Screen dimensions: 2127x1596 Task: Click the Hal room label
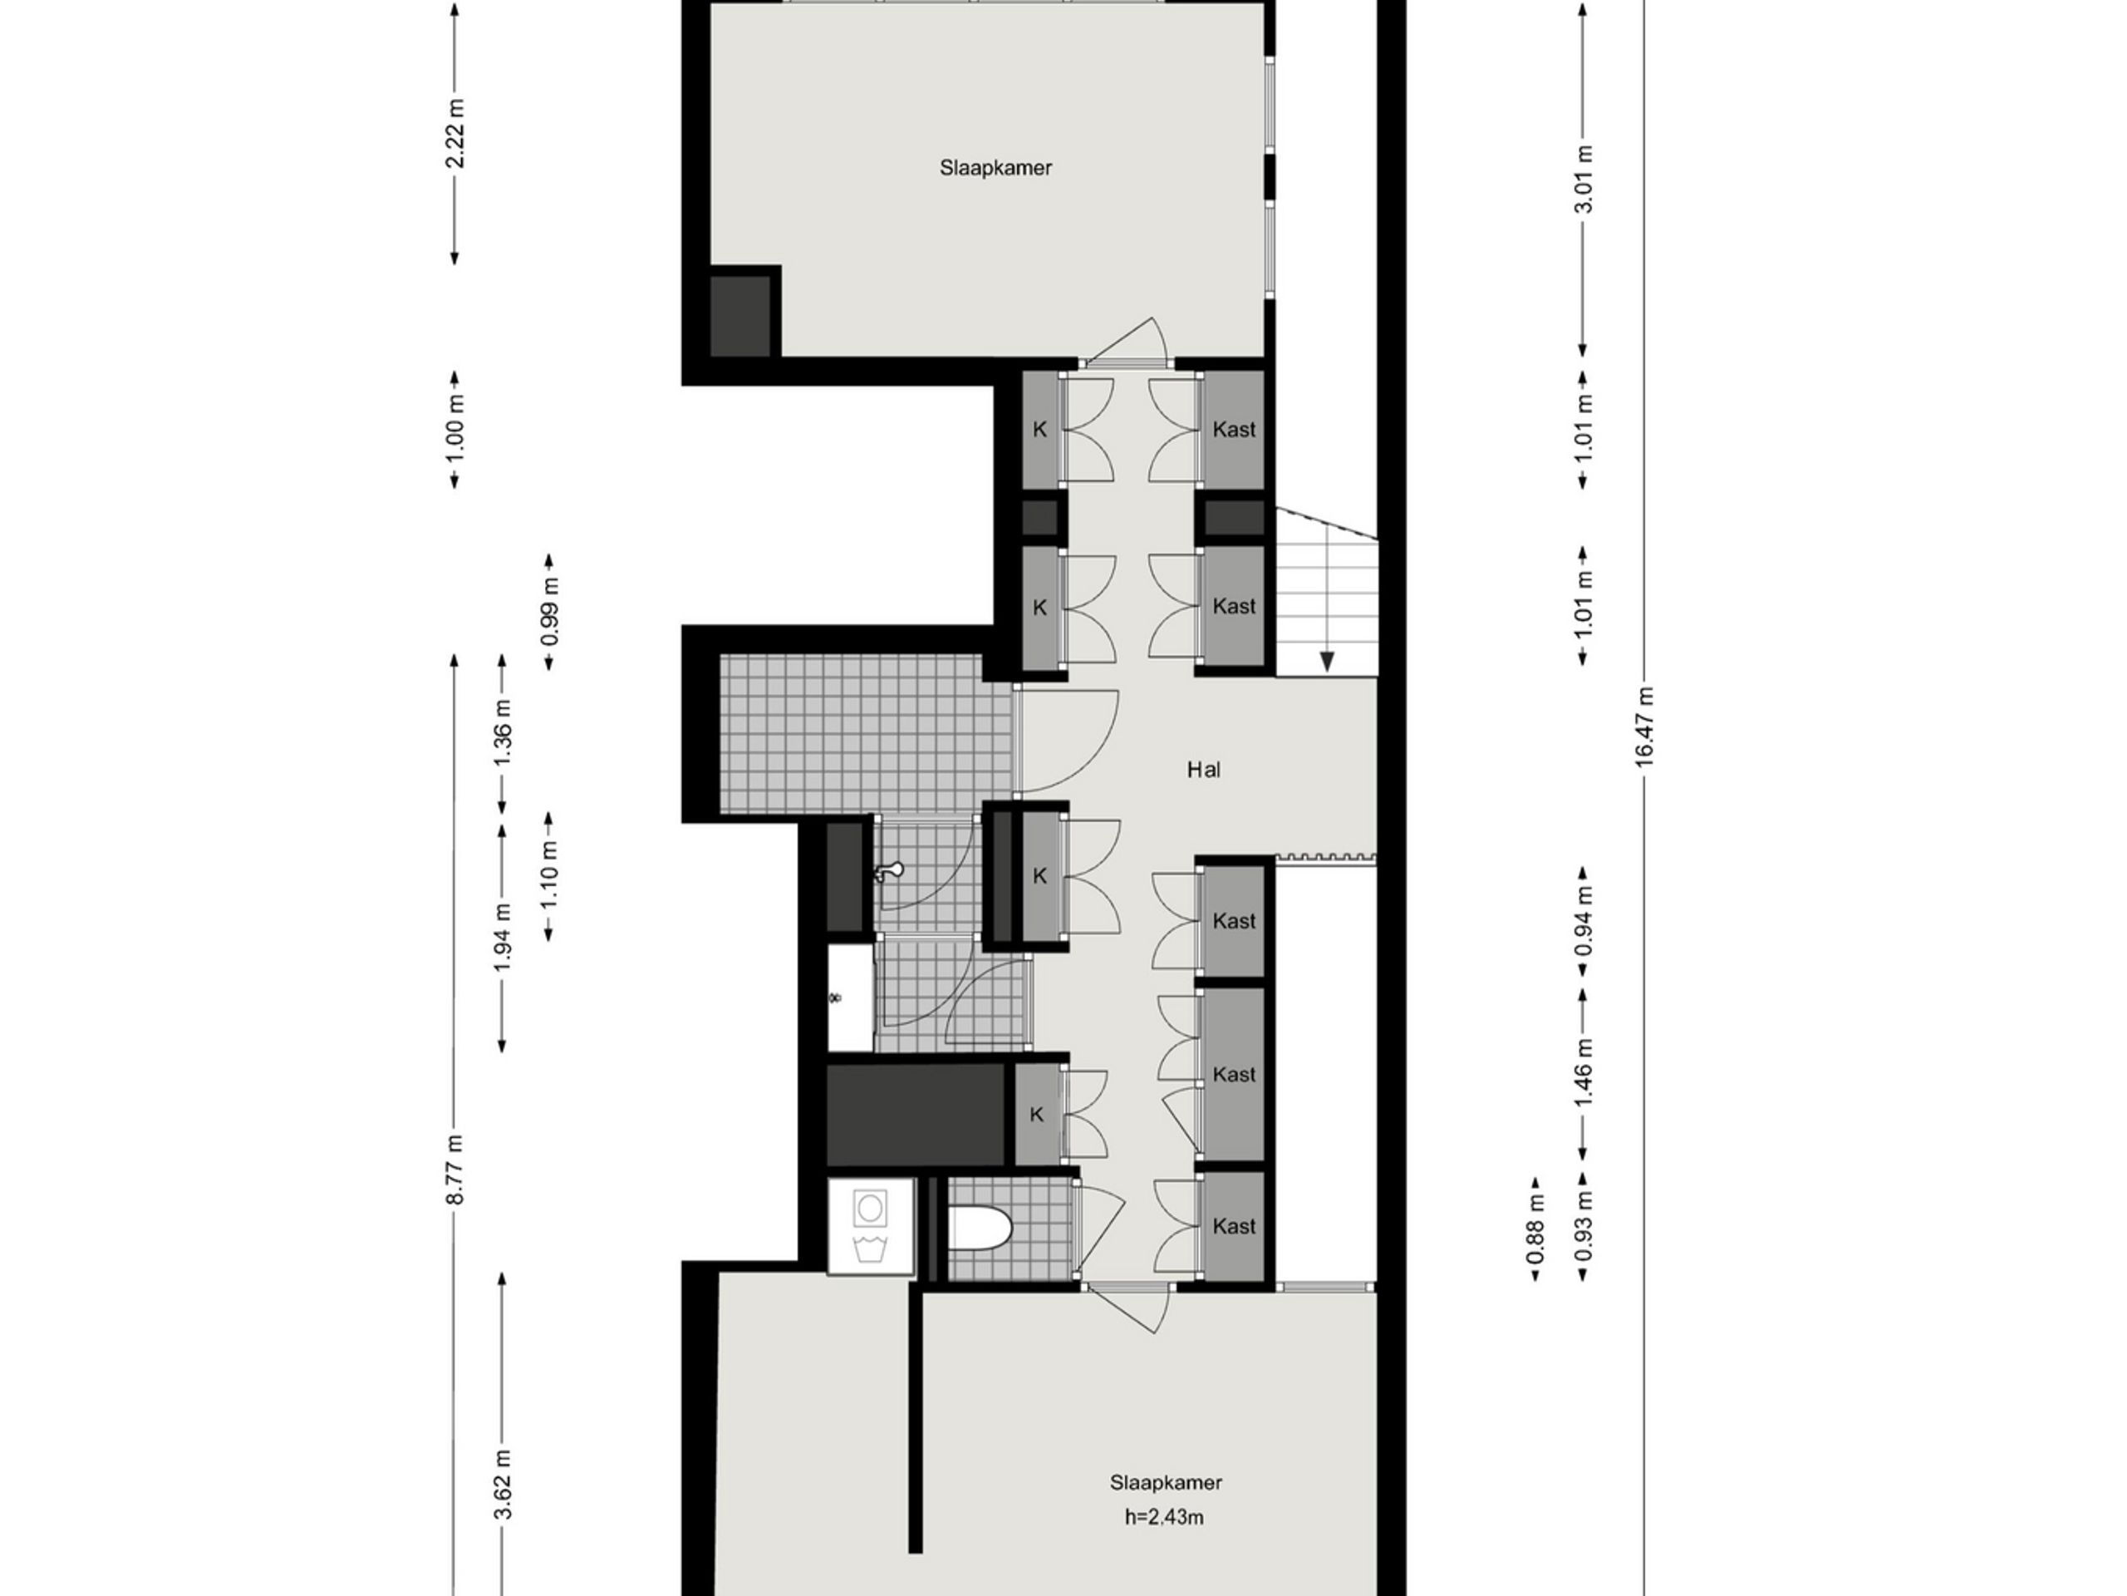[1203, 770]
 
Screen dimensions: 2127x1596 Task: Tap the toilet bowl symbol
[980, 1229]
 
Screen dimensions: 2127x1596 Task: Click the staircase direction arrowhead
[1327, 662]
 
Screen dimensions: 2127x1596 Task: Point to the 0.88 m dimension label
[1535, 1229]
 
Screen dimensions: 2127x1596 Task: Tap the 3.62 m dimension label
[503, 1485]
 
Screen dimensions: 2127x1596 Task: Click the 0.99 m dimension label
[550, 613]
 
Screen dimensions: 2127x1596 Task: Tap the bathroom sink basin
[851, 997]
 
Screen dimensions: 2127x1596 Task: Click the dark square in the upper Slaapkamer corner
[740, 317]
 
